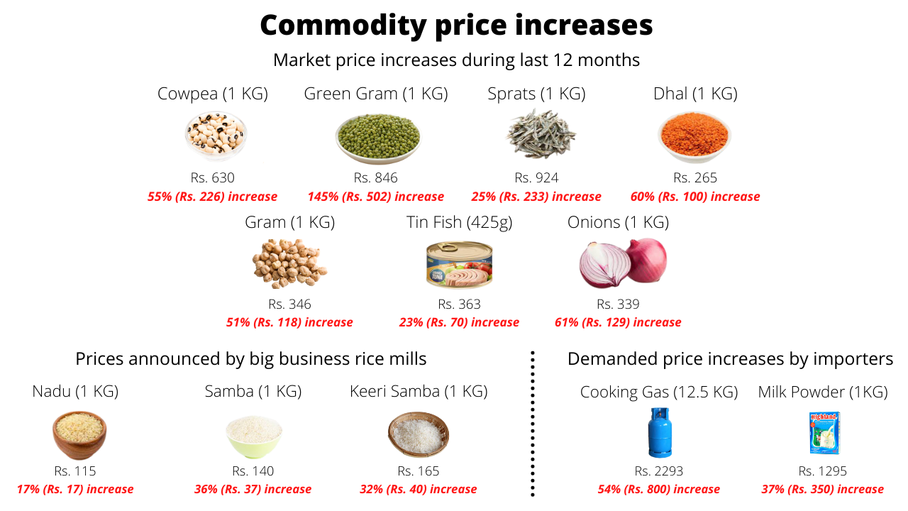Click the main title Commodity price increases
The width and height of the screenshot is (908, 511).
456,26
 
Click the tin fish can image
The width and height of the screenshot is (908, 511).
459,265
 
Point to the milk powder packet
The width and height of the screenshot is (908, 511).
822,433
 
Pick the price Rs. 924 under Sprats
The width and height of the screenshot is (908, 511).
536,177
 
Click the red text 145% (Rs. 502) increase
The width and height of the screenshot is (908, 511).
375,197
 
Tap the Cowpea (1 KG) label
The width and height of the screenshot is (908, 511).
213,94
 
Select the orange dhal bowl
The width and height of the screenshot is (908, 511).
694,135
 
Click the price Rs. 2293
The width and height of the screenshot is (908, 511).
659,471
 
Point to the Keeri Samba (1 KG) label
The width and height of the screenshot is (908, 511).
419,391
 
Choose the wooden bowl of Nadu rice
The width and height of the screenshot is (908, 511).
79,435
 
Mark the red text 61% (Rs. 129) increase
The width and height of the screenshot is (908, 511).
618,322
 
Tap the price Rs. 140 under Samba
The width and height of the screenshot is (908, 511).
253,471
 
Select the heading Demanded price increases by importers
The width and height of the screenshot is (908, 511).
730,359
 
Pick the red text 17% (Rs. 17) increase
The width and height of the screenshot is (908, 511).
75,489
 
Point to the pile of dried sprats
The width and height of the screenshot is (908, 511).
541,135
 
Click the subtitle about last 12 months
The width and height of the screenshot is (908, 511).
456,60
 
